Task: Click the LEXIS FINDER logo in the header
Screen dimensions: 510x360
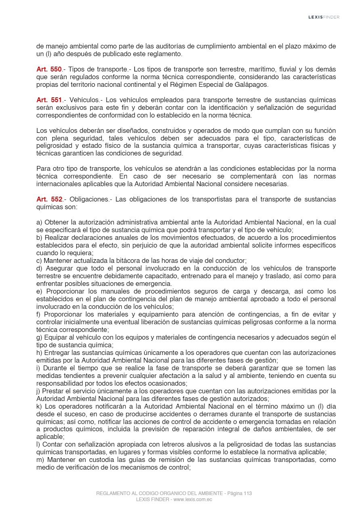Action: tap(324, 17)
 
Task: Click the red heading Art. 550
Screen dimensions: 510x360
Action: tap(49, 69)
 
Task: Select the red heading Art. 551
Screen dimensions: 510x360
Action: tap(49, 100)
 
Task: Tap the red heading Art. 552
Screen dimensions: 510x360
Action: tap(49, 199)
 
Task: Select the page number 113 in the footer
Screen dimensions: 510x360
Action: tap(247, 493)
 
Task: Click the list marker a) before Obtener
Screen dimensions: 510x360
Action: tap(40, 222)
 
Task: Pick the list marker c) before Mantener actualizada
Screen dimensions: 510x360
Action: tap(39, 261)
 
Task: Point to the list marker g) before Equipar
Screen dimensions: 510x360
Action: tap(40, 338)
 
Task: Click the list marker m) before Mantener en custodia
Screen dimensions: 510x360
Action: tap(41, 460)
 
